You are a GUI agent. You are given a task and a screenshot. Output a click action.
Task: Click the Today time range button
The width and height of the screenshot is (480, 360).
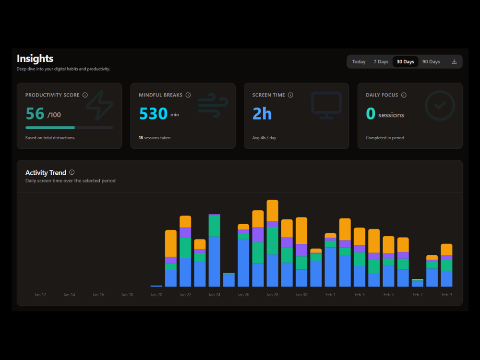click(359, 62)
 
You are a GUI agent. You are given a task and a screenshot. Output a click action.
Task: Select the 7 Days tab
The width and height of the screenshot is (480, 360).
click(381, 62)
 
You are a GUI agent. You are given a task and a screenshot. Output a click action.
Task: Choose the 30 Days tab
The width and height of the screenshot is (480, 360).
click(405, 62)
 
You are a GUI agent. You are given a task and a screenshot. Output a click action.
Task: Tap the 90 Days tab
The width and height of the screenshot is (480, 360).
click(431, 62)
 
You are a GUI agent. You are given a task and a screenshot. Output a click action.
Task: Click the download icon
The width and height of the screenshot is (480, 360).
click(454, 62)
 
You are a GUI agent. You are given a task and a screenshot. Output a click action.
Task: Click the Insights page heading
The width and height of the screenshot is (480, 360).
click(35, 59)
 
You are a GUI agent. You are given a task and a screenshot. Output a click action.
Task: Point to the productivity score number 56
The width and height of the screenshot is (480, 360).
click(35, 114)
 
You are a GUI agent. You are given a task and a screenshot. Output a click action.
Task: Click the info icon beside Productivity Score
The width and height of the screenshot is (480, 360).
click(85, 95)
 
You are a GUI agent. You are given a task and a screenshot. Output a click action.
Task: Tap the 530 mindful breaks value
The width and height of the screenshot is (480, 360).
click(153, 114)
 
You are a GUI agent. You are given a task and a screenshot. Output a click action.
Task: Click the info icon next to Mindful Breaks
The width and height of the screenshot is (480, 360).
click(188, 95)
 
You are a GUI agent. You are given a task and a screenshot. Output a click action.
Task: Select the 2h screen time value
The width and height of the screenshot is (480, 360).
click(262, 114)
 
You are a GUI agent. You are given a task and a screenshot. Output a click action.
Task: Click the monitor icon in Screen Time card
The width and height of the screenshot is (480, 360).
click(326, 105)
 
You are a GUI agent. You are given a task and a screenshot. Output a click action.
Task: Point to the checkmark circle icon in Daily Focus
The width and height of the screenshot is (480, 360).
click(440, 105)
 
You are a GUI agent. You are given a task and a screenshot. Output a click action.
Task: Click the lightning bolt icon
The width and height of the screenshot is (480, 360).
click(99, 105)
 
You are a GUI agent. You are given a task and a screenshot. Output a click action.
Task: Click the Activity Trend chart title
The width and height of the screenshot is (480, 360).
click(46, 173)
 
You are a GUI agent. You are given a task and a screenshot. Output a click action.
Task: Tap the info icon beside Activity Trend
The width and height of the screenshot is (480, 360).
click(72, 172)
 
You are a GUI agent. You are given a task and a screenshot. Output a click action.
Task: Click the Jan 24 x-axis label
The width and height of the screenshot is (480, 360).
click(215, 295)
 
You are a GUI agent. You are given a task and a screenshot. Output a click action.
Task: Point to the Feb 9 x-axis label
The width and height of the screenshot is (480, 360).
click(446, 295)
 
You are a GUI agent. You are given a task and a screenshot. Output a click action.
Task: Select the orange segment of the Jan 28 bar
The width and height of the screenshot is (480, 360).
click(272, 210)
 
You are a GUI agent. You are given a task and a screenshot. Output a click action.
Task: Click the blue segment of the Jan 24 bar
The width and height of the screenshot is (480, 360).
click(215, 262)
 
